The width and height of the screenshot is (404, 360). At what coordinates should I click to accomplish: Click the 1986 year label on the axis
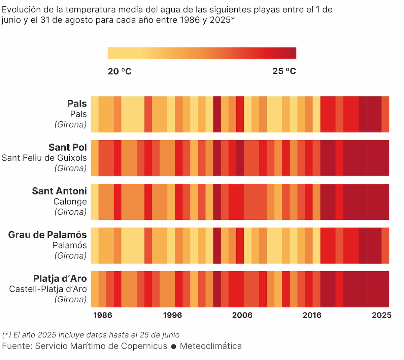103,315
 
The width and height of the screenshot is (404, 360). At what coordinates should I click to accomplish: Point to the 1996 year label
172,315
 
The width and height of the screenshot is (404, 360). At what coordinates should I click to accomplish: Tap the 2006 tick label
242,315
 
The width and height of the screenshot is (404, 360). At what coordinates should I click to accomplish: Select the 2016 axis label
312,315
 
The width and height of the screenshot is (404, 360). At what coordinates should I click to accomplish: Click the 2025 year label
381,315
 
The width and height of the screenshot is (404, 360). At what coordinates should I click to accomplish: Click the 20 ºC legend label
120,71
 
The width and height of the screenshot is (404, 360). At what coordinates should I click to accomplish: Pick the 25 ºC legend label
284,71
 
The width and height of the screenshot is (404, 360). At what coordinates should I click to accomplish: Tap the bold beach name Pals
77,103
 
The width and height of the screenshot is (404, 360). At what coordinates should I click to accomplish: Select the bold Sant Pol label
68,147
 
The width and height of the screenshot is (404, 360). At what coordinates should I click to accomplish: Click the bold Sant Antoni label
59,191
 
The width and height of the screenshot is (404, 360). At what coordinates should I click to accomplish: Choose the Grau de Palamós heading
47,235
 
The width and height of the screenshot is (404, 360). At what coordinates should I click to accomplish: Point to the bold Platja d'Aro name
60,279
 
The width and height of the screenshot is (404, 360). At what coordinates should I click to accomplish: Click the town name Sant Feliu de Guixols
44,158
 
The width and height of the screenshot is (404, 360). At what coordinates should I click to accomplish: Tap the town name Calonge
70,202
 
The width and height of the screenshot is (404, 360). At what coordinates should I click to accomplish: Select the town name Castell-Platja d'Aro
48,289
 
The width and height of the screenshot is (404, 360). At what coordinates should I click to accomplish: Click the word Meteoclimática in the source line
211,346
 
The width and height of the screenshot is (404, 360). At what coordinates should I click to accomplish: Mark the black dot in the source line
174,347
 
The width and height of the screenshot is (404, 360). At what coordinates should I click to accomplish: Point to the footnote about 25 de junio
91,335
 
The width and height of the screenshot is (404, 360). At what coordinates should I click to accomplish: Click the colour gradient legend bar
202,53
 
